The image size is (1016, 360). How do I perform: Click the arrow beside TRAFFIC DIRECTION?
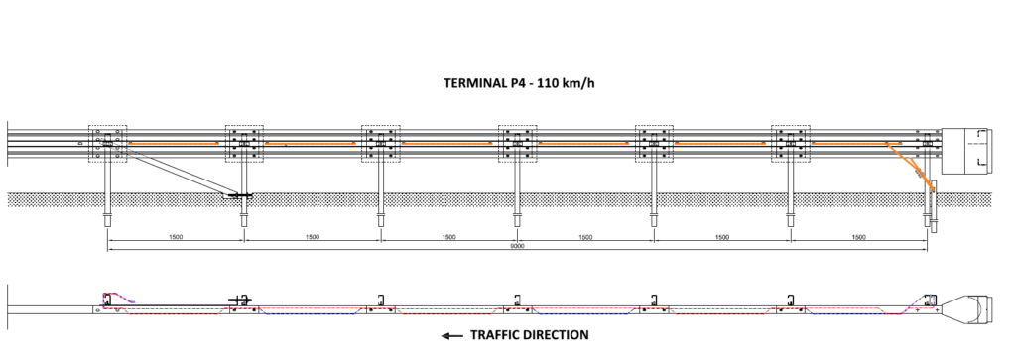tap(452, 335)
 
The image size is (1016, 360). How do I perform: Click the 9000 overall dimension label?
tap(517, 246)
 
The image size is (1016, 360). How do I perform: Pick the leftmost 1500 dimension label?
tap(175, 237)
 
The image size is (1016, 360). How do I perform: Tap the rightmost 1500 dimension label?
tap(858, 237)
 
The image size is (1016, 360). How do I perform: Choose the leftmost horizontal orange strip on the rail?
tap(173, 143)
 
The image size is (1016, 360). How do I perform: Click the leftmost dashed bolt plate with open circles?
tap(107, 143)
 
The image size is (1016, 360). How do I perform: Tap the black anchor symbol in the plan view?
tap(241, 300)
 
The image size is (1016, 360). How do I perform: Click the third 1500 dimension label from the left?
tap(448, 237)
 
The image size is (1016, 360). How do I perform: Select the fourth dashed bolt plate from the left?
tap(517, 143)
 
